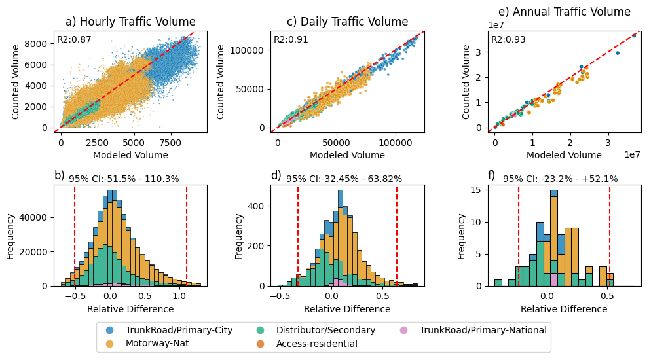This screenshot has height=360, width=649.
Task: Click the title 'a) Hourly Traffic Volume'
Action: (130, 22)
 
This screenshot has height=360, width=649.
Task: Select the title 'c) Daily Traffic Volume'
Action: (347, 22)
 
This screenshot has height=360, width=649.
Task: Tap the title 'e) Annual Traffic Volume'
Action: (564, 12)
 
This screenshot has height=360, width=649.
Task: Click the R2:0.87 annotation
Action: (74, 39)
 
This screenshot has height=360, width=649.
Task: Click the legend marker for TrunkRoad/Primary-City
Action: (109, 330)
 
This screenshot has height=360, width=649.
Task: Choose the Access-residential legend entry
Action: (316, 343)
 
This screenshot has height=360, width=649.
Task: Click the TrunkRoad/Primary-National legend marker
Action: (403, 330)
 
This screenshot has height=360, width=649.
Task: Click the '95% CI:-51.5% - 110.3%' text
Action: (124, 179)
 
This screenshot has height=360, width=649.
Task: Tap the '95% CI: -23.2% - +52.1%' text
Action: (560, 179)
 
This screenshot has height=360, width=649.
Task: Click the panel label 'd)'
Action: (276, 175)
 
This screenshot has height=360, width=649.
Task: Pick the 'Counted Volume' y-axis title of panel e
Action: (466, 82)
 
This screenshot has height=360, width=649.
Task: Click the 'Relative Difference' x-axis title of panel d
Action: (347, 309)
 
